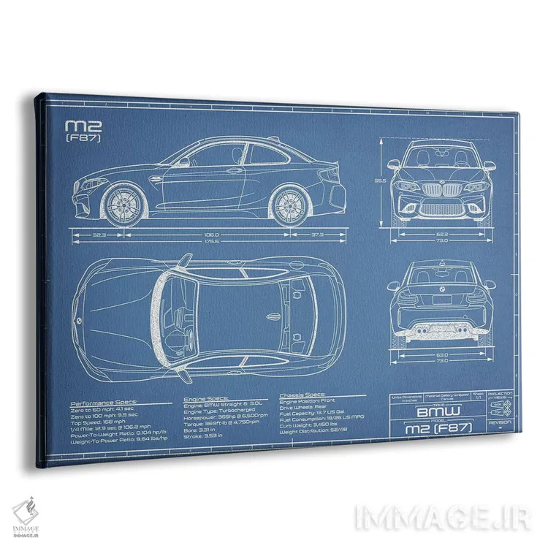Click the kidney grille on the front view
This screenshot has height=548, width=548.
pos(441,191)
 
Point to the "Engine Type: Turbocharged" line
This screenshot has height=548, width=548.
pos(219,413)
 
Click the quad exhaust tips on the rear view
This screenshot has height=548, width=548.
pos(441,332)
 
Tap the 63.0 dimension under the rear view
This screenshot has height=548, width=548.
pos(442,355)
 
